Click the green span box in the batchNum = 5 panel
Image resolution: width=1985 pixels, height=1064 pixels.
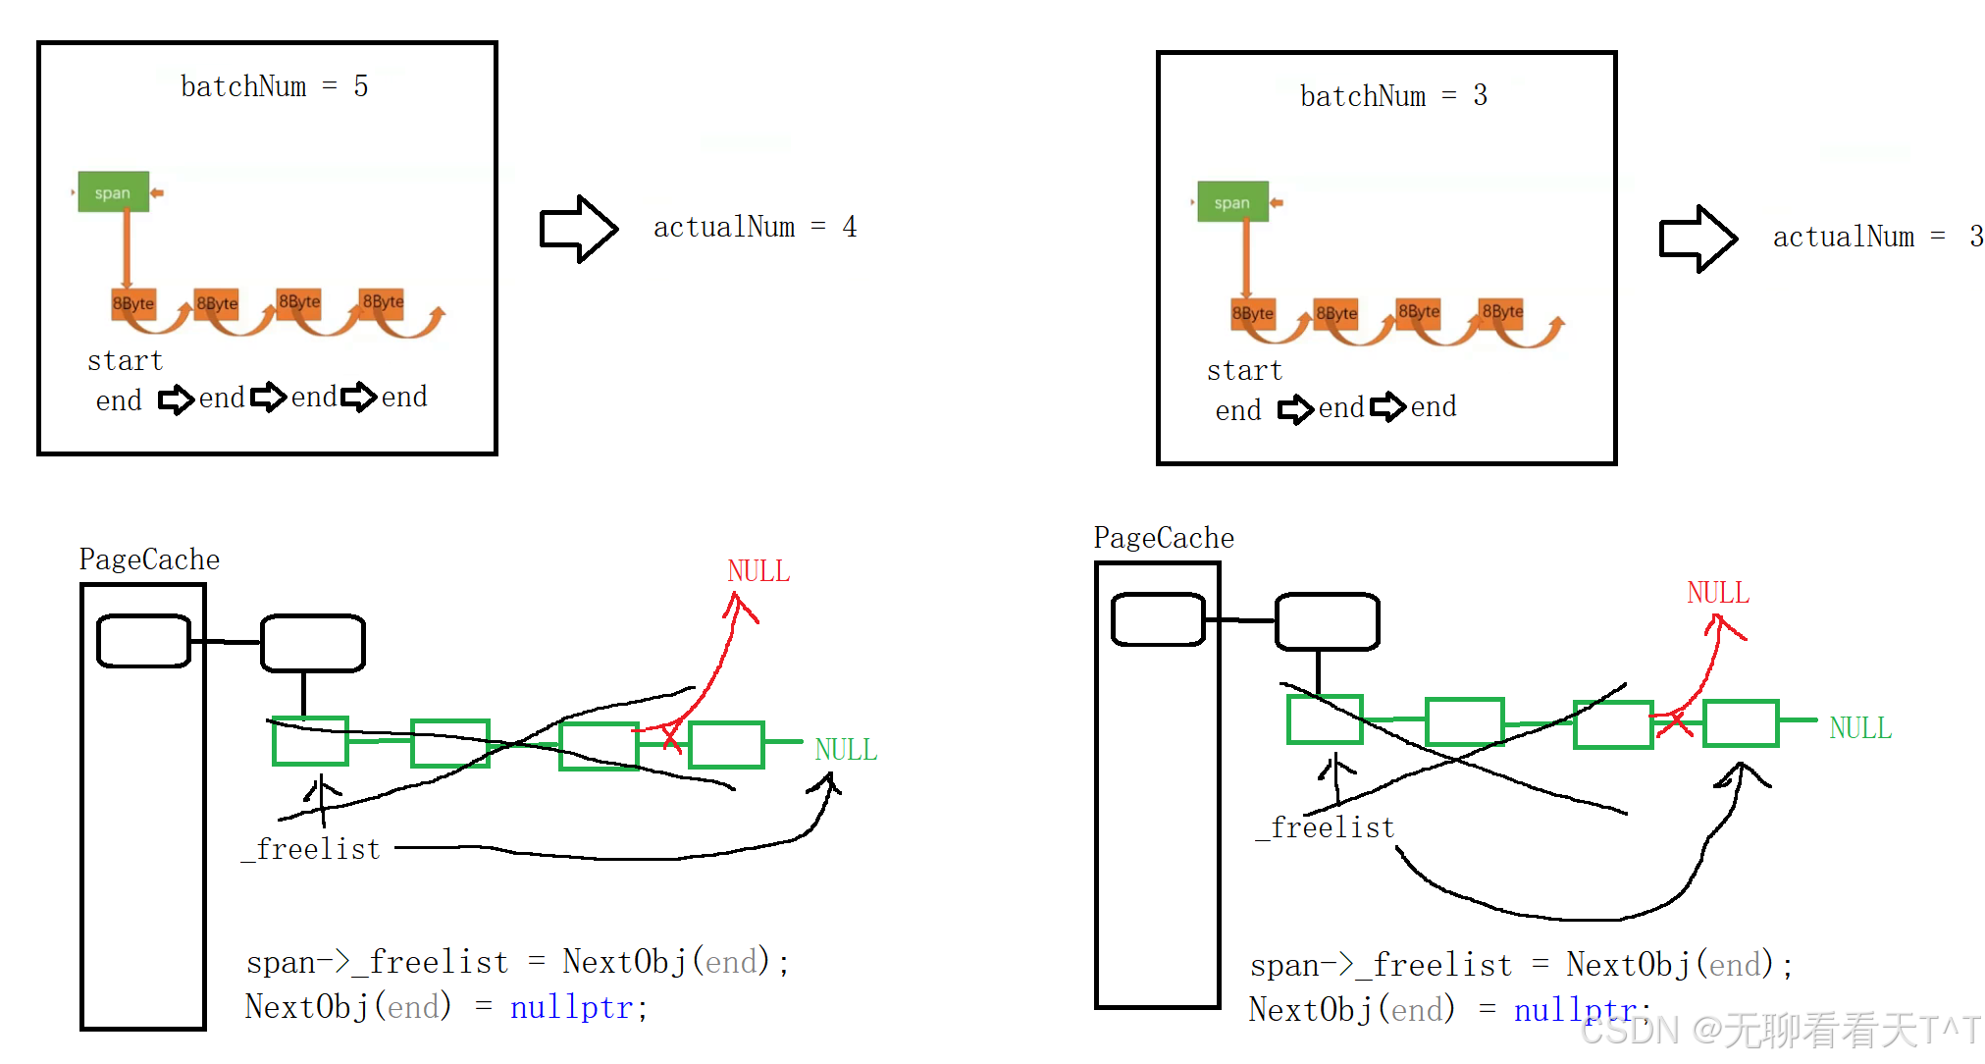113,192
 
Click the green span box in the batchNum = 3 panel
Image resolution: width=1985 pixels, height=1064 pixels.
1232,202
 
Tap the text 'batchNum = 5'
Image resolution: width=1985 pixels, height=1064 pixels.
274,87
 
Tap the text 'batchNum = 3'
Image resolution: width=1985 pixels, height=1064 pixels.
1393,96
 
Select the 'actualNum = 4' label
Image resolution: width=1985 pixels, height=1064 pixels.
755,228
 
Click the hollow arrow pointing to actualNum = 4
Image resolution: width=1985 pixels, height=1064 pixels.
579,229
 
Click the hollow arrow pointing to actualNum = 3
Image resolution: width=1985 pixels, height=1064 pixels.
1698,239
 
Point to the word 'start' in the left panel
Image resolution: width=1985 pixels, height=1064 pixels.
125,361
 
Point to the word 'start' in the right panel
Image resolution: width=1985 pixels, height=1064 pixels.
1244,371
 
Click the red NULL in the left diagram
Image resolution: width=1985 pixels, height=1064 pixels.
758,571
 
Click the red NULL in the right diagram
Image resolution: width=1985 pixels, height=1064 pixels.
1718,593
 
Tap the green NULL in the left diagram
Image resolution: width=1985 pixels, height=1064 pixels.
846,750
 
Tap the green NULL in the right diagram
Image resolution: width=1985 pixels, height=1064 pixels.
1860,728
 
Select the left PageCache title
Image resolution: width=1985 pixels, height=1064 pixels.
149,559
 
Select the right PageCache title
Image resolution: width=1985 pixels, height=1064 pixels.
1164,538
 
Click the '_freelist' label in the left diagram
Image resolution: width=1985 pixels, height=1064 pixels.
312,849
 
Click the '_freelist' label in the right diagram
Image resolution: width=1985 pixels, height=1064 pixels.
1327,828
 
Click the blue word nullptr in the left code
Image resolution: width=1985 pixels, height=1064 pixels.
571,1008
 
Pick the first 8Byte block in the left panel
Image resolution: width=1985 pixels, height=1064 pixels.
133,303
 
